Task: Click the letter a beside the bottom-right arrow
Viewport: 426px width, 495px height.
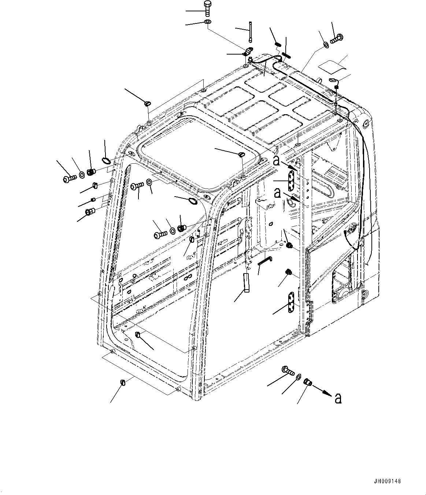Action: click(x=338, y=398)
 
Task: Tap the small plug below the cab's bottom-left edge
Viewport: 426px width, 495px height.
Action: click(x=123, y=383)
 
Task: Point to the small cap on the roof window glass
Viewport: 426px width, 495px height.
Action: click(x=241, y=155)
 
